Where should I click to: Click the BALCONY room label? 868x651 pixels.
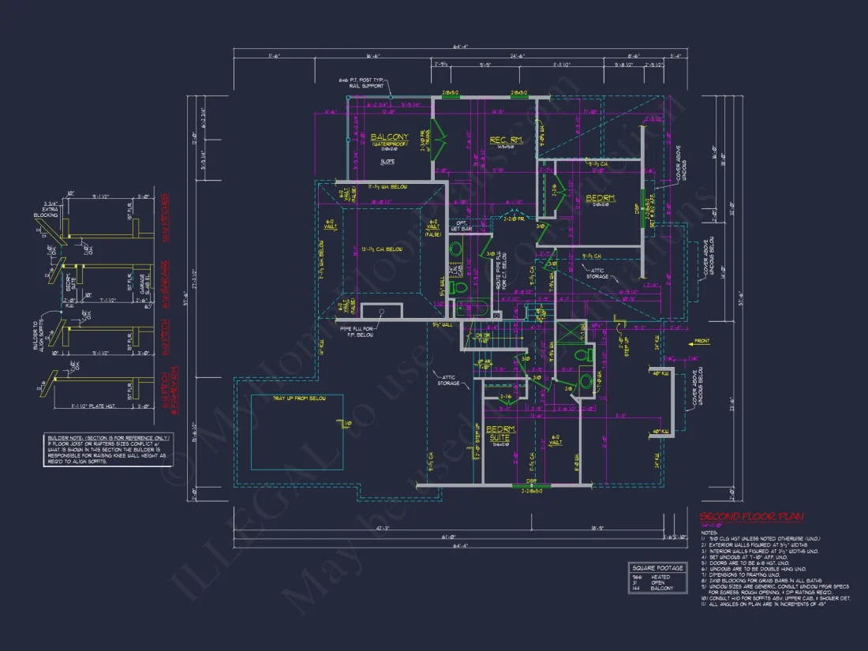389,137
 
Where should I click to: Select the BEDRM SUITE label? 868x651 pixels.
500,433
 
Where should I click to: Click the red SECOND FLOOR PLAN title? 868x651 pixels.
751,517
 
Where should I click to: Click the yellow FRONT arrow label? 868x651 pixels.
701,342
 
